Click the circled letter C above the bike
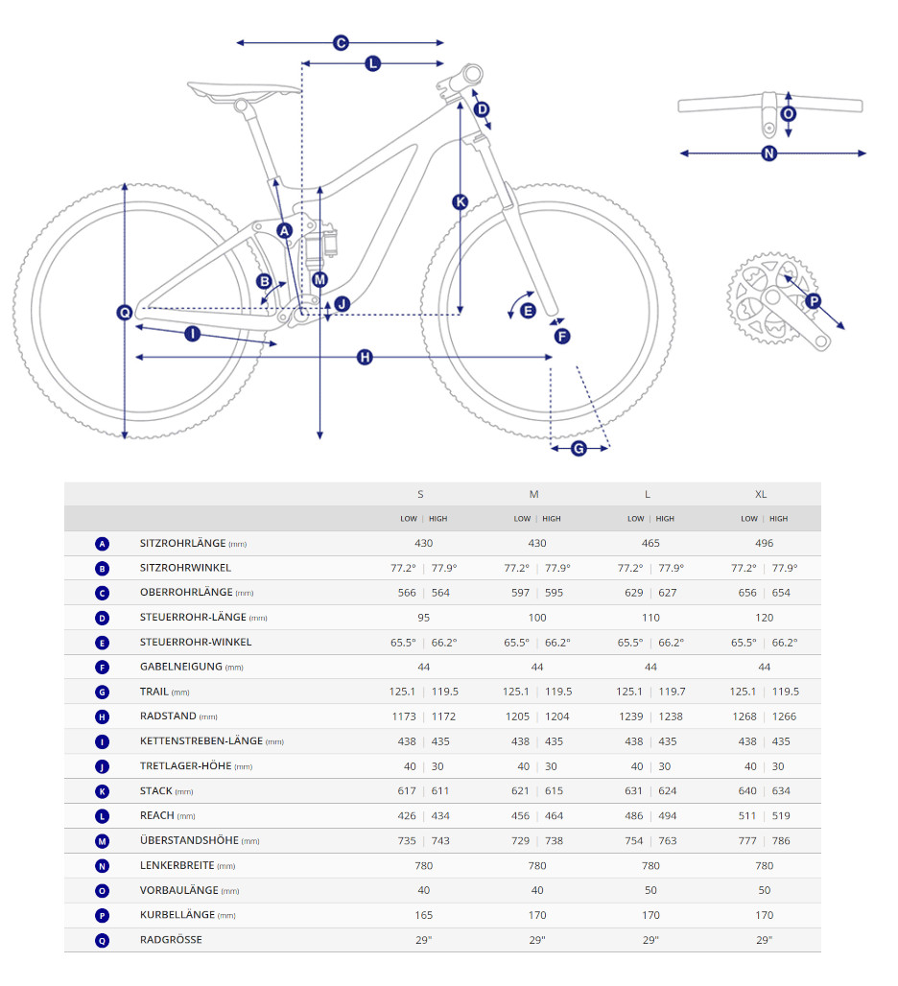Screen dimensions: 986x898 (x=340, y=42)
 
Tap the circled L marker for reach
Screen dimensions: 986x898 (x=372, y=63)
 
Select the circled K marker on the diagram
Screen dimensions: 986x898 (x=461, y=201)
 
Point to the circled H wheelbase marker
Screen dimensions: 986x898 (x=365, y=357)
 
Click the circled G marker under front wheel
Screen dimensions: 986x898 (x=579, y=448)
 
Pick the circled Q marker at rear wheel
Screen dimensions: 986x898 (x=125, y=312)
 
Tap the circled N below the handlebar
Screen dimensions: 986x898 (x=768, y=153)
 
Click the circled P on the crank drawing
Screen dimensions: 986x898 (x=814, y=301)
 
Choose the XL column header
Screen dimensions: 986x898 (x=761, y=494)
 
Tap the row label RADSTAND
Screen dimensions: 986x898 (x=168, y=716)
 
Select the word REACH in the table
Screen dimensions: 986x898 (x=157, y=815)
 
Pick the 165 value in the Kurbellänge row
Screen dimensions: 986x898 (x=424, y=915)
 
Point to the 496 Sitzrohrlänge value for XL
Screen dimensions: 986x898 (x=764, y=543)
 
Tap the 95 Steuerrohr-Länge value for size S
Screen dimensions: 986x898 (x=424, y=618)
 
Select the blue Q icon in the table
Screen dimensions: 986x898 (x=103, y=940)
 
